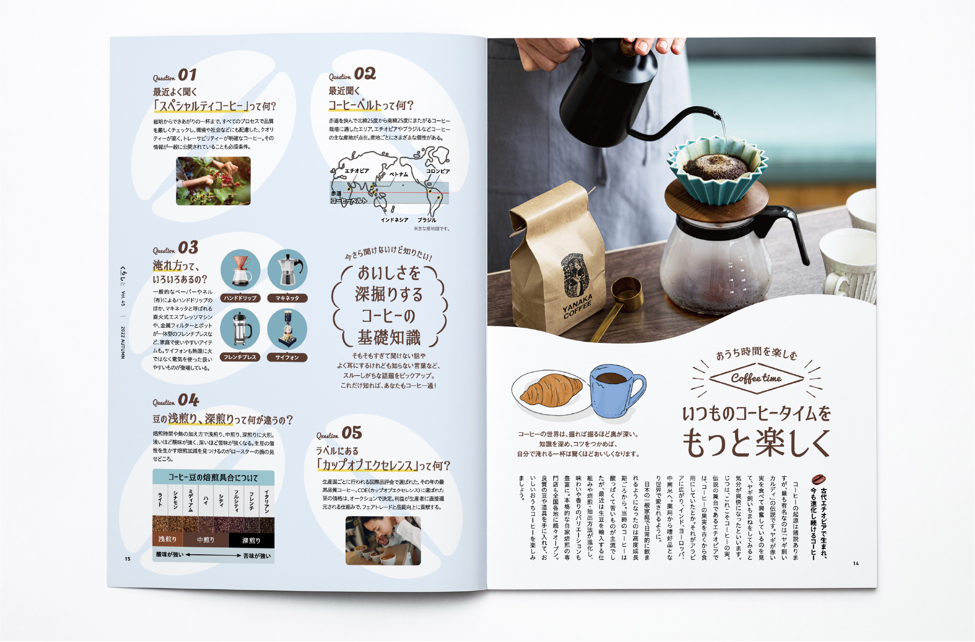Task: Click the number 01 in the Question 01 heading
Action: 187,75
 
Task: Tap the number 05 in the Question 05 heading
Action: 352,433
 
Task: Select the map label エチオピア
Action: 357,171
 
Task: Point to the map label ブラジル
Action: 427,220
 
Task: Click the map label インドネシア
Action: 394,220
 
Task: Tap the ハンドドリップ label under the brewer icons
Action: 240,298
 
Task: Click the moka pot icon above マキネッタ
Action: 288,269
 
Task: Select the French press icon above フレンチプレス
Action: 241,329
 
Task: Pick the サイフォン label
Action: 287,357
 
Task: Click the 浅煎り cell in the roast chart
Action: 167,539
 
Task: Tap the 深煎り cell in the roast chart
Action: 251,540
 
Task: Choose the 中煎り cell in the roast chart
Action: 206,540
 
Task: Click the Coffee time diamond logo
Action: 756,378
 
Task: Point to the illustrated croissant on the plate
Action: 551,390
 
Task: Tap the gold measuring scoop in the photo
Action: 619,304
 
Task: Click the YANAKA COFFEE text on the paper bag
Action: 577,306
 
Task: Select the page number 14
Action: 856,563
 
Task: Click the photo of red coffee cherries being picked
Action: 213,181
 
